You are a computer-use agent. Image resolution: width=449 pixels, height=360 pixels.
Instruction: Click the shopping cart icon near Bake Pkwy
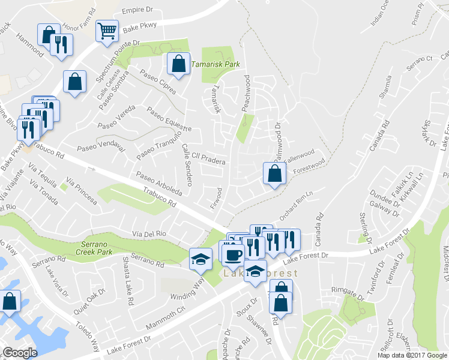click(x=107, y=30)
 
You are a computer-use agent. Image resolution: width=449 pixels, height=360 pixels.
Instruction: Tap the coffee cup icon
click(x=233, y=254)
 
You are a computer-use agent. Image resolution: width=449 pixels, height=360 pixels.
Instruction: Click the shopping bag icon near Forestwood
click(x=274, y=174)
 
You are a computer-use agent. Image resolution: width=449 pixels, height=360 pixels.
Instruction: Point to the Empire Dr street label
click(x=139, y=11)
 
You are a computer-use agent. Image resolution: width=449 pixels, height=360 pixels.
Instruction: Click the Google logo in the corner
click(x=20, y=353)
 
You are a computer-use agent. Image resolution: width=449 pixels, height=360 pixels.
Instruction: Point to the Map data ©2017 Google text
click(x=411, y=355)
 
